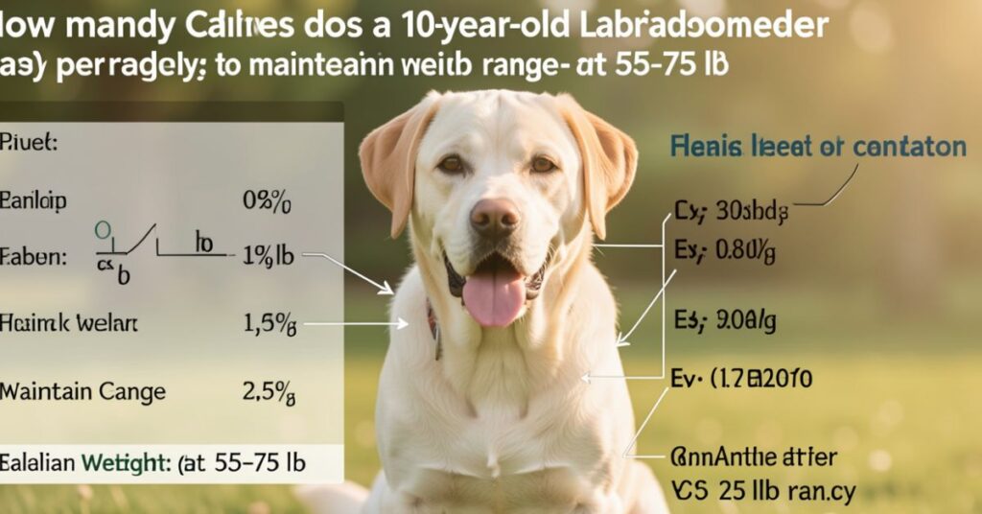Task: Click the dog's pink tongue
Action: (x=494, y=295)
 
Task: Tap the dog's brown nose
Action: (x=495, y=217)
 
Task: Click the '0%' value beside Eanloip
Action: (x=267, y=202)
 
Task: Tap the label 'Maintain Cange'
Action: (x=82, y=391)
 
